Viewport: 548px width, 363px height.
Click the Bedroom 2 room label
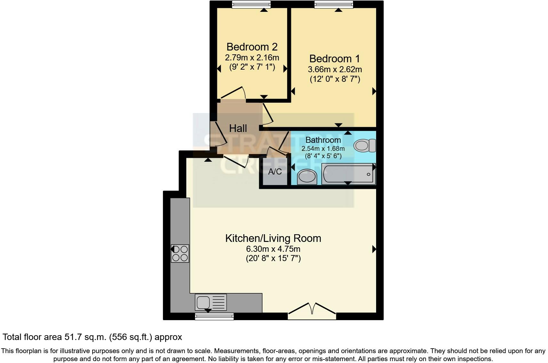pos(252,47)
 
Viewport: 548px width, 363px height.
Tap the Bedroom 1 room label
pos(334,59)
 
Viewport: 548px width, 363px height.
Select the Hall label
pos(238,128)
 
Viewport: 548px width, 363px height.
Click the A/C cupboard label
pos(275,172)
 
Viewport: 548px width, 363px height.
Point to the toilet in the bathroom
pos(365,146)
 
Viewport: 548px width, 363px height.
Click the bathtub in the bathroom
pos(348,174)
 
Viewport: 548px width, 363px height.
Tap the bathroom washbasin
pos(307,177)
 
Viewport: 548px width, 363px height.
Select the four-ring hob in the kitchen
pos(180,253)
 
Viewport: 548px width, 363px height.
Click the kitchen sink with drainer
pos(211,302)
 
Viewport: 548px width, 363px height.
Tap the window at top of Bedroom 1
pos(334,4)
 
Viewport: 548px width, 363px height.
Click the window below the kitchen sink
pos(214,316)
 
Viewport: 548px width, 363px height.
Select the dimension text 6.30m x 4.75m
pos(273,249)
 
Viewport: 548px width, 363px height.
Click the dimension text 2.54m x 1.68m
pos(323,149)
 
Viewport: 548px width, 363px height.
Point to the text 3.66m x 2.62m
pos(335,69)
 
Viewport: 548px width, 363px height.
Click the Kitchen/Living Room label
pos(273,238)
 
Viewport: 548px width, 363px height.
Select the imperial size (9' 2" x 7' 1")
pos(252,67)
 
